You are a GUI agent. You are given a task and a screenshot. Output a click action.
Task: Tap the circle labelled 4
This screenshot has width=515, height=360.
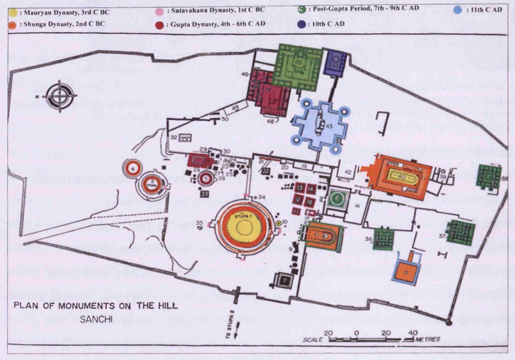click(133, 168)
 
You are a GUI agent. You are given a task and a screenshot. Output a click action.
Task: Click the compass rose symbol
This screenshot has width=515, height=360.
click(59, 96)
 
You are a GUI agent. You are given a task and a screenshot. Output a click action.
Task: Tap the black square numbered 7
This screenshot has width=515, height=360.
click(285, 280)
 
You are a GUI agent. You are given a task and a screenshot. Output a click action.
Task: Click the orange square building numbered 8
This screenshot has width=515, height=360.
click(407, 272)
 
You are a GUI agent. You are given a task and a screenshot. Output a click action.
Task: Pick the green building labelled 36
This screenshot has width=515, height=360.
click(382, 238)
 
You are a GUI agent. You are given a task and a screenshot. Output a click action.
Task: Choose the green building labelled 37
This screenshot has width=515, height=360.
click(460, 233)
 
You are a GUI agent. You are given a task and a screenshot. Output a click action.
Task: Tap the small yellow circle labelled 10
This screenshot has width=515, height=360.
click(278, 222)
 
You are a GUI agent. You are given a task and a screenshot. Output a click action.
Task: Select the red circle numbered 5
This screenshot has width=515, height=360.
click(205, 178)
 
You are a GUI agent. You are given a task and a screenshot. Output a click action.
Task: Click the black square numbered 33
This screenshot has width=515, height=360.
click(205, 194)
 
